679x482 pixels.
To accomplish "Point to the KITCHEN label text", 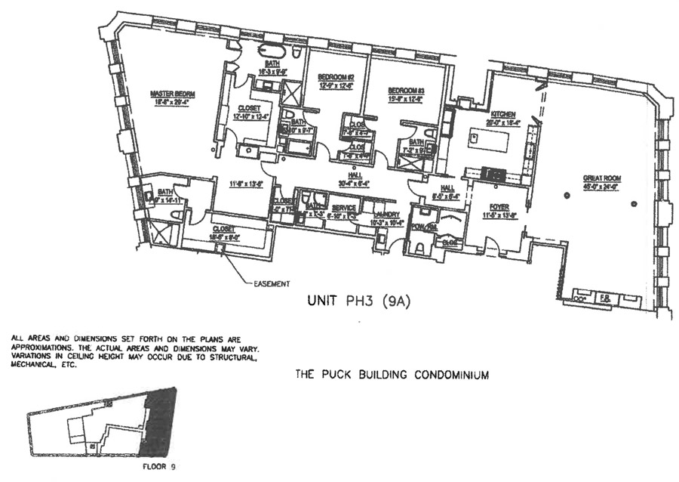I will [502, 113].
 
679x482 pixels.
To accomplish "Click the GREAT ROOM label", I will [601, 179].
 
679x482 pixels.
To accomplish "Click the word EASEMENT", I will [269, 284].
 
